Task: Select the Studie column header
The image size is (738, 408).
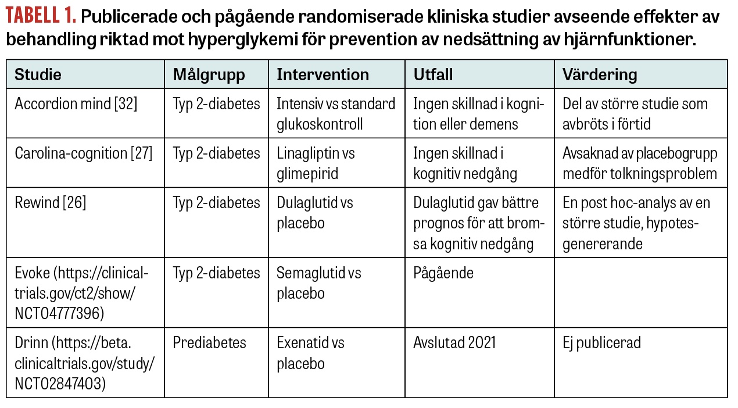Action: coord(38,74)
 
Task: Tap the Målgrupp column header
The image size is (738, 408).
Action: coord(209,74)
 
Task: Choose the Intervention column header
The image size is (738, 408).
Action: coord(323,74)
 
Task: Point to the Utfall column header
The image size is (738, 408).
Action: coord(433,74)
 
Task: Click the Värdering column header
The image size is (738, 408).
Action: coord(600,74)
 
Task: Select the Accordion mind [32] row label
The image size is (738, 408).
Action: coord(76,104)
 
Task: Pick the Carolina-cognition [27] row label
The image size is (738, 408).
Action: coord(83,153)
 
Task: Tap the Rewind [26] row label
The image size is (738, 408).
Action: coord(50,203)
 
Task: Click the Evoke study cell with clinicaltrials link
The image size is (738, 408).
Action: coord(81,293)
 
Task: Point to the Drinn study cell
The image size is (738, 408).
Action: coord(84,363)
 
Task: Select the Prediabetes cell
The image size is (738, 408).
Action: coord(209,343)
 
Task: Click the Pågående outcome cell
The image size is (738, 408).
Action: coord(443,273)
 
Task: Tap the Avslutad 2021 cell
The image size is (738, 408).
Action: coord(454,343)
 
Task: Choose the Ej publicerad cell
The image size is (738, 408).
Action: coord(601,343)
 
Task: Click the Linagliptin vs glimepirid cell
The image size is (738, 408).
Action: coord(316,163)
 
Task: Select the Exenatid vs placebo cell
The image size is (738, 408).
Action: coord(310,353)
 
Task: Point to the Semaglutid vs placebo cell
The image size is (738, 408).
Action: coord(318,282)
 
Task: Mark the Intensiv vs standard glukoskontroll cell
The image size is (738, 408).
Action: coord(335,114)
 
